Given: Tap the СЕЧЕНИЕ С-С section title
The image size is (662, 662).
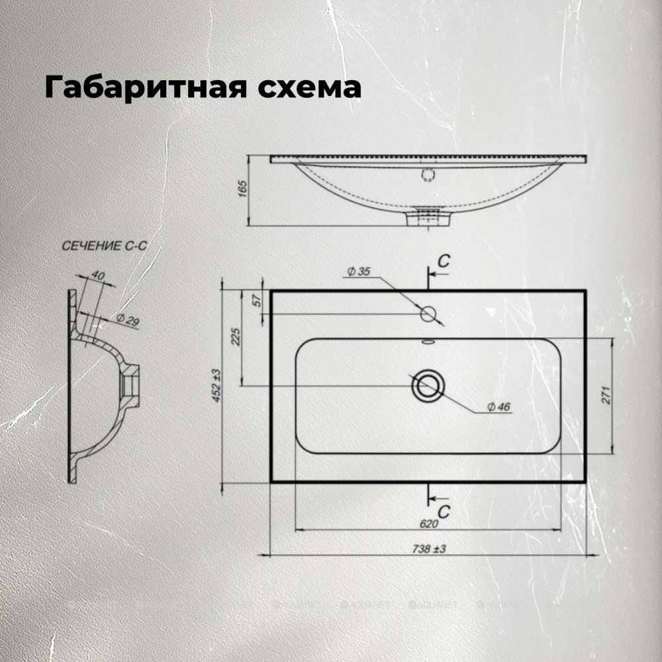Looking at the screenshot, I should click(103, 246).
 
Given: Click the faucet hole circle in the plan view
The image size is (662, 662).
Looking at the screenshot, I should click(428, 313).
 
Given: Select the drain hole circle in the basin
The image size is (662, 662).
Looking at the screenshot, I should click(428, 385).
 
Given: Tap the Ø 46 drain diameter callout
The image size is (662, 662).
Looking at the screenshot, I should click(498, 407).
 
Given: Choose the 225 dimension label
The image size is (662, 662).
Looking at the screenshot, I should click(236, 337).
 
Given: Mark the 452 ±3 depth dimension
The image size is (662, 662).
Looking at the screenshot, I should click(216, 387).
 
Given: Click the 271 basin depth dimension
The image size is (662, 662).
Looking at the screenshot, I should click(605, 395).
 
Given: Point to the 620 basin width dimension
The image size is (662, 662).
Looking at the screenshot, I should click(428, 524).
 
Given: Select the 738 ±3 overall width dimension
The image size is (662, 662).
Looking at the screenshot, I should click(430, 549).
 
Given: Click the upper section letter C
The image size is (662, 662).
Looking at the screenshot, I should click(444, 261).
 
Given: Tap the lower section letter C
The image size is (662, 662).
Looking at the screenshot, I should click(444, 510).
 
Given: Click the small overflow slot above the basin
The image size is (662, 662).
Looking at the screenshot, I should click(428, 342).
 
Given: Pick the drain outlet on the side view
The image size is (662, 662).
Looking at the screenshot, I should click(428, 216).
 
